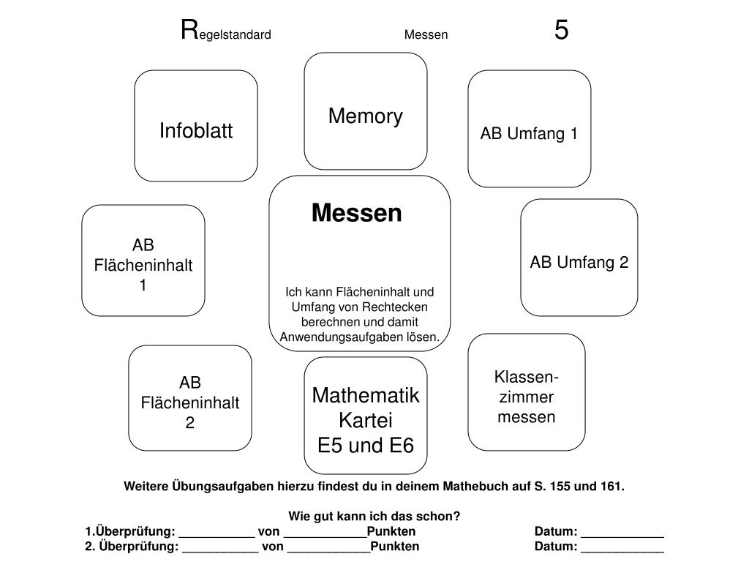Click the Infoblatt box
(x=196, y=126)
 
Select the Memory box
(x=366, y=111)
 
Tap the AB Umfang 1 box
(x=529, y=129)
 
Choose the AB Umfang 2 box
(x=579, y=258)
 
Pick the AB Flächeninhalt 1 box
(x=143, y=261)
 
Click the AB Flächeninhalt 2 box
(x=190, y=398)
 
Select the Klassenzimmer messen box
(x=527, y=392)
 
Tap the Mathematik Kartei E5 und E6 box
(x=366, y=416)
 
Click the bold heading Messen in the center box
(x=357, y=213)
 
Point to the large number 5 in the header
(x=561, y=31)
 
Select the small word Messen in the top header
(x=426, y=34)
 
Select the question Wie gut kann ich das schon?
(x=374, y=516)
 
